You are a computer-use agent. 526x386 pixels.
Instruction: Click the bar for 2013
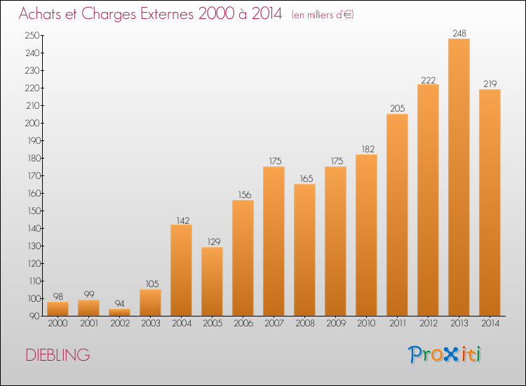pyautogui.click(x=459, y=178)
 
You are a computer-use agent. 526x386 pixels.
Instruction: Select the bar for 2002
pyautogui.click(x=119, y=312)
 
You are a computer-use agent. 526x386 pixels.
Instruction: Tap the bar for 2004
pyautogui.click(x=181, y=270)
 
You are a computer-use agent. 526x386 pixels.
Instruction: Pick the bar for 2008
pyautogui.click(x=304, y=250)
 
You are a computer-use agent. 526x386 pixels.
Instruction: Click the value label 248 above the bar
pyautogui.click(x=459, y=33)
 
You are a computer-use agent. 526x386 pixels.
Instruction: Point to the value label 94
pyautogui.click(x=119, y=303)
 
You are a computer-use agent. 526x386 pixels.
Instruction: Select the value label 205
pyautogui.click(x=398, y=108)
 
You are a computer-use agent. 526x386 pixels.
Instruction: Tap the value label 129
pyautogui.click(x=214, y=241)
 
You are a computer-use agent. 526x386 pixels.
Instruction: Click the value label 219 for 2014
pyautogui.click(x=490, y=84)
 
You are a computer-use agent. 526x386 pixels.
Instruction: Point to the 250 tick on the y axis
pyautogui.click(x=32, y=35)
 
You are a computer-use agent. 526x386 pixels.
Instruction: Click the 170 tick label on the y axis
pyautogui.click(x=34, y=175)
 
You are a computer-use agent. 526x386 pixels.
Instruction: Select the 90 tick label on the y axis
pyautogui.click(x=34, y=316)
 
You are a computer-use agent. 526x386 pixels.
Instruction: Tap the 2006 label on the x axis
pyautogui.click(x=243, y=324)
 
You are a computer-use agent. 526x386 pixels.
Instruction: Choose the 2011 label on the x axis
pyautogui.click(x=398, y=324)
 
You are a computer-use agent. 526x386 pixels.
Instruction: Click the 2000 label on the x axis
pyautogui.click(x=58, y=324)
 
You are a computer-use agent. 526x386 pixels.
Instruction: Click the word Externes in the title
pyautogui.click(x=167, y=14)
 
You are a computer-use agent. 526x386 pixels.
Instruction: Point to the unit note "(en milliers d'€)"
pyautogui.click(x=323, y=15)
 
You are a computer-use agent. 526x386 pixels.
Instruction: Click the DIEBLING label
pyautogui.click(x=58, y=355)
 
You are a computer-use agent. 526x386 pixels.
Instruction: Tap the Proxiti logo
pyautogui.click(x=445, y=354)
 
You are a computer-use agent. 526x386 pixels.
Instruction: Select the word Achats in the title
pyautogui.click(x=40, y=14)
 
